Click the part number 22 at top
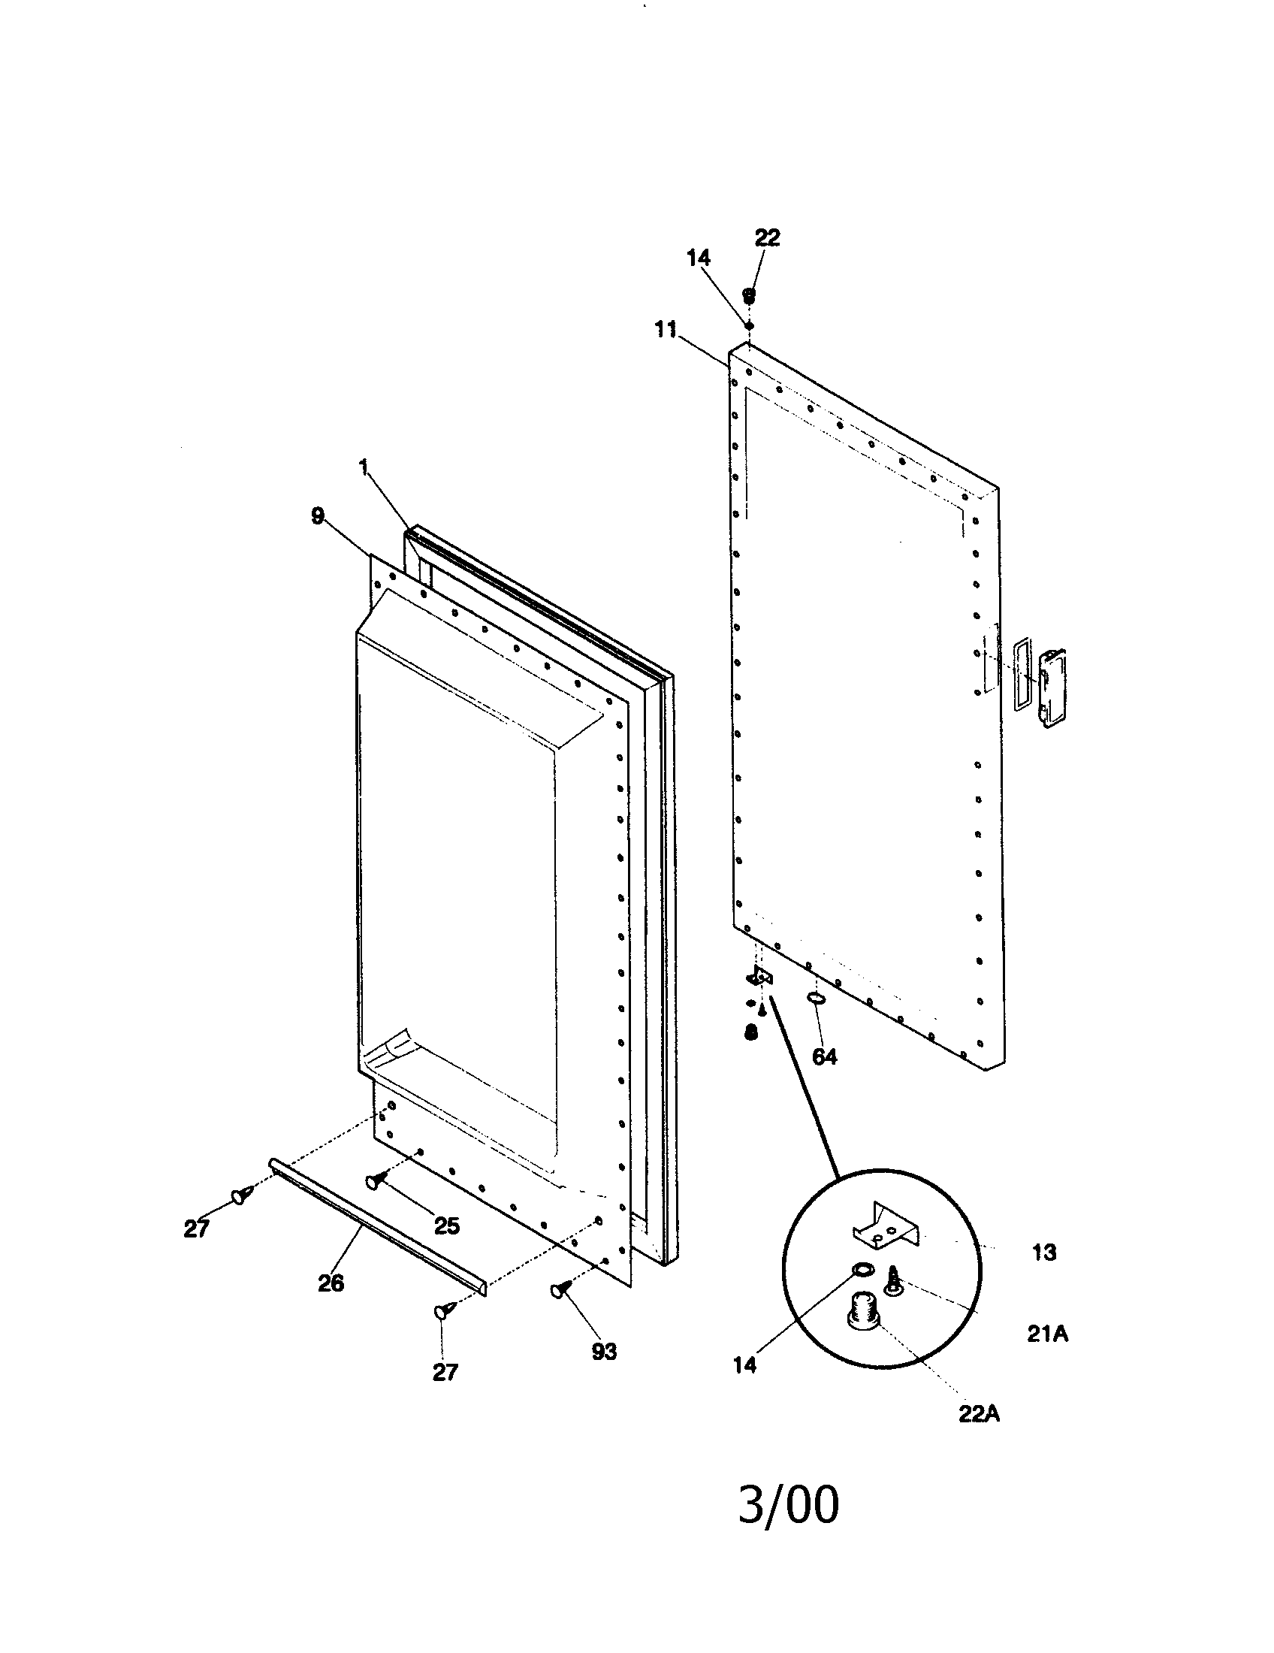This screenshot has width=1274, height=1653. [x=767, y=237]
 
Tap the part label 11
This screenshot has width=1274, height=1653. [x=666, y=331]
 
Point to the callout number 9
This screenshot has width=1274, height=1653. [x=318, y=516]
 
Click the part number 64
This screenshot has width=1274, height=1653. [x=825, y=1056]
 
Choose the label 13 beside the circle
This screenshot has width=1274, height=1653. [x=1044, y=1253]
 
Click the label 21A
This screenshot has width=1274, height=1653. [x=1047, y=1334]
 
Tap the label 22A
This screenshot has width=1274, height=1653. [x=979, y=1414]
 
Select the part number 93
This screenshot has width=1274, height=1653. [x=604, y=1352]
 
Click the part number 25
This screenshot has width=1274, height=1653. [x=447, y=1226]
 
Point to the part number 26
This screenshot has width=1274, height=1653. [x=331, y=1283]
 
